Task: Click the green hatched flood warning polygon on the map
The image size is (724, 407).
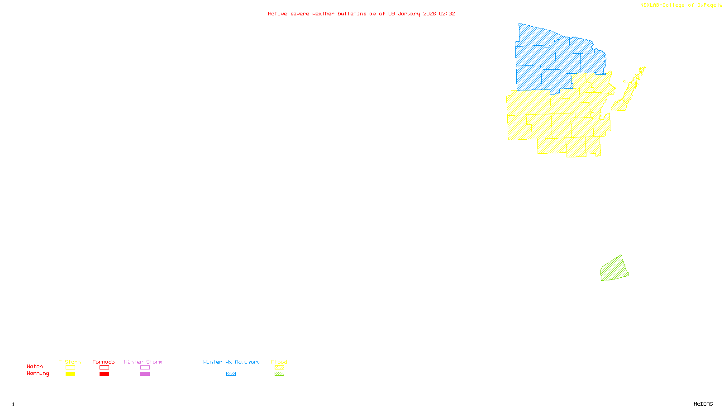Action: tap(614, 269)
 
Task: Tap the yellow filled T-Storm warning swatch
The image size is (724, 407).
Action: tap(70, 374)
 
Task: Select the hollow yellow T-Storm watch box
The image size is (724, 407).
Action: tap(70, 368)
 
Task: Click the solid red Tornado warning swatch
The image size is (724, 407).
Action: tap(104, 374)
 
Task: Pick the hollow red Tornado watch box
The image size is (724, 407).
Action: tap(104, 368)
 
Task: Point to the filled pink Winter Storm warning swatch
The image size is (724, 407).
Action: tap(145, 374)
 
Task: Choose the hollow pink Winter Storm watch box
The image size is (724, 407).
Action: tap(145, 368)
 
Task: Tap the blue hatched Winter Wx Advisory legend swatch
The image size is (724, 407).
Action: tap(231, 374)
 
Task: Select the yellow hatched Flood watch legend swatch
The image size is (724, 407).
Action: tap(279, 368)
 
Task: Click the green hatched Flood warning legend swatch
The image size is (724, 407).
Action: tap(279, 374)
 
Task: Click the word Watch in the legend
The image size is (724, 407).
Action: tap(35, 367)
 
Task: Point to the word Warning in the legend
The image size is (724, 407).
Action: tap(38, 374)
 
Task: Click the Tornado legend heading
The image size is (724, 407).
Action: tap(104, 362)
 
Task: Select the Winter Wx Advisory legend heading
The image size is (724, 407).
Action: tap(232, 362)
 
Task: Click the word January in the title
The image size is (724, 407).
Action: tap(409, 14)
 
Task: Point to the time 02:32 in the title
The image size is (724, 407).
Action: tap(447, 14)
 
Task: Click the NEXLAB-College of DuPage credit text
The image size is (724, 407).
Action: tap(678, 5)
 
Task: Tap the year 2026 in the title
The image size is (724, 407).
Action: tap(429, 14)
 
